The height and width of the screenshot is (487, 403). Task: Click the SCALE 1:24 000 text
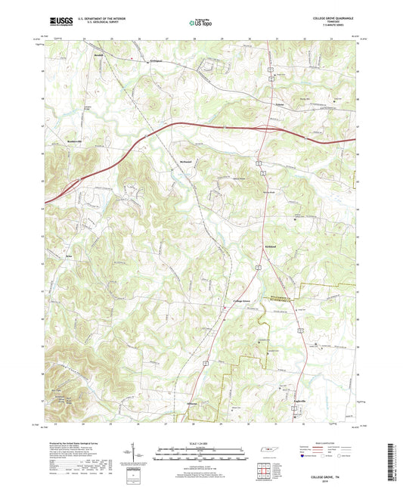click(x=201, y=434)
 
